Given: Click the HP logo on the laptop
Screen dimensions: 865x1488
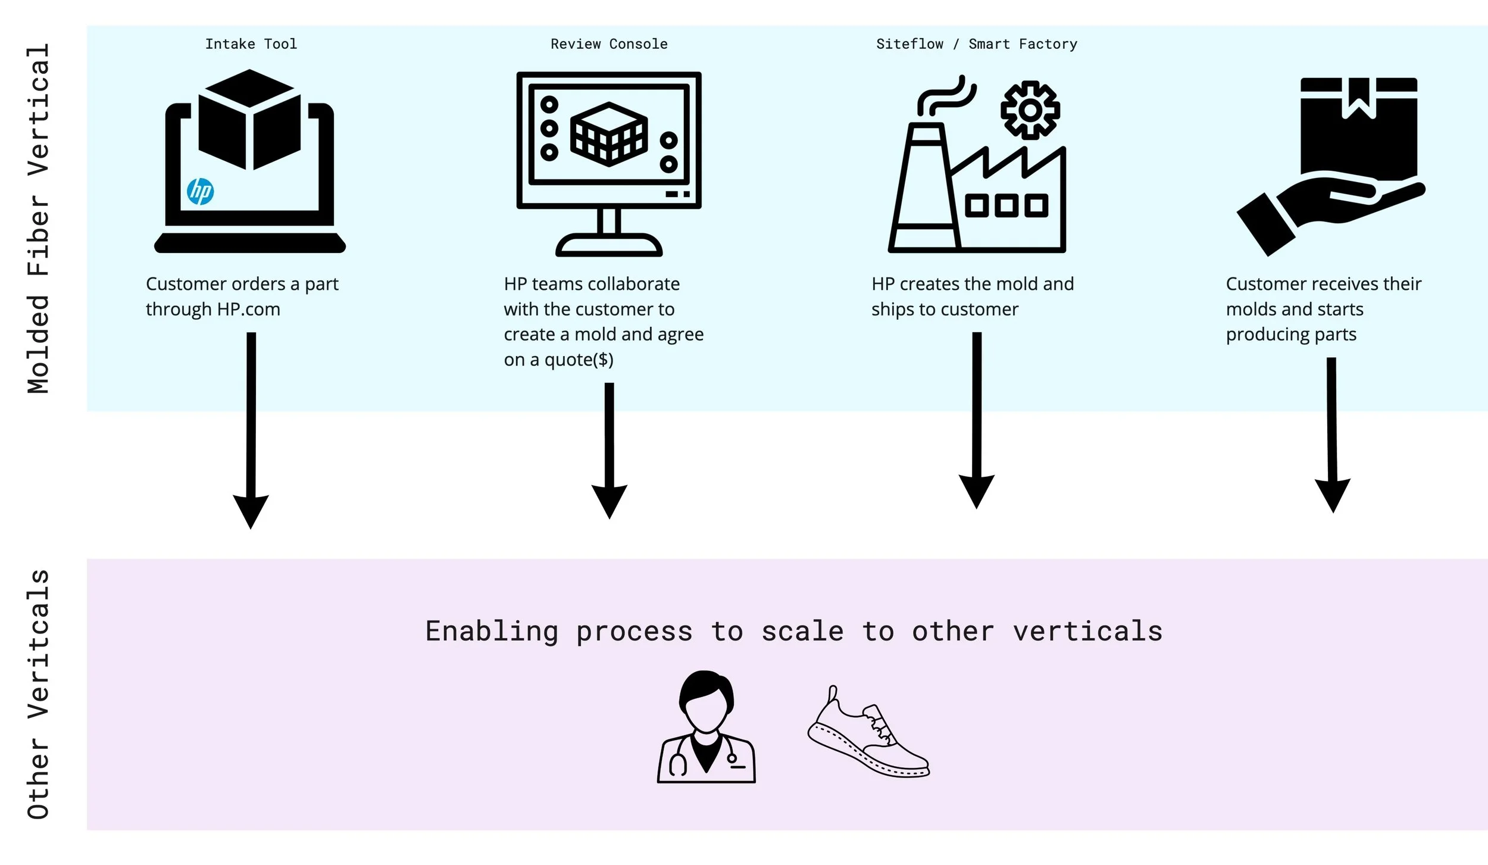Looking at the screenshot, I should [200, 191].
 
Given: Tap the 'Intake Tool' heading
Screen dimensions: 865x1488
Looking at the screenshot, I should [251, 44].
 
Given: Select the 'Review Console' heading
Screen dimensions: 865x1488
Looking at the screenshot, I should [608, 44].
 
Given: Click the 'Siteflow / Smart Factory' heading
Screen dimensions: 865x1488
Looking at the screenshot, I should [976, 44].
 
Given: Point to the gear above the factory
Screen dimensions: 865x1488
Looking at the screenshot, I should [1030, 110].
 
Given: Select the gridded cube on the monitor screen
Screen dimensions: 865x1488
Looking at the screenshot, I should [608, 133].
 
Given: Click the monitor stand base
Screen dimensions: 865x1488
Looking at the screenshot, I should [608, 245].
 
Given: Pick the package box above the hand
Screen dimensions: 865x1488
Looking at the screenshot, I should [1358, 128].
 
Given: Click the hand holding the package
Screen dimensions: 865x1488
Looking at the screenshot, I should [1327, 208].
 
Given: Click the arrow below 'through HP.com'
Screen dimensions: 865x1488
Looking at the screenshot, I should [251, 429].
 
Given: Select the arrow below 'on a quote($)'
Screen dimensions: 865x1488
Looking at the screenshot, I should [609, 449].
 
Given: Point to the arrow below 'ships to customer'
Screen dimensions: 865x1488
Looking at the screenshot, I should [976, 420].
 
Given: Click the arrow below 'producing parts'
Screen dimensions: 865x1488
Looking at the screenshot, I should [1332, 435].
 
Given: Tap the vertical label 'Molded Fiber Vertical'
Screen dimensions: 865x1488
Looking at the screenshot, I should [38, 218].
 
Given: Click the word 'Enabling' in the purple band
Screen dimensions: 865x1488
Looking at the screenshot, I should [492, 632].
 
